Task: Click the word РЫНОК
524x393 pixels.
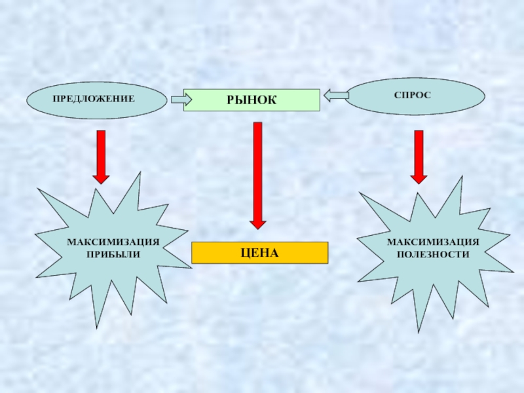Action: (x=252, y=100)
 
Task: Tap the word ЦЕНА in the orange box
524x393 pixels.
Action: (x=259, y=252)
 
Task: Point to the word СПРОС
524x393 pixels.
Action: (x=413, y=96)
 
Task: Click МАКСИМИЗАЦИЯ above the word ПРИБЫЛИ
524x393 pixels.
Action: (x=113, y=242)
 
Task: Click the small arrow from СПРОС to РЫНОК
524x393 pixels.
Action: (x=335, y=96)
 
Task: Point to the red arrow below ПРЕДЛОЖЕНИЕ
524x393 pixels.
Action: (x=101, y=156)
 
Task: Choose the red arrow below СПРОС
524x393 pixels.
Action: (x=418, y=156)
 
